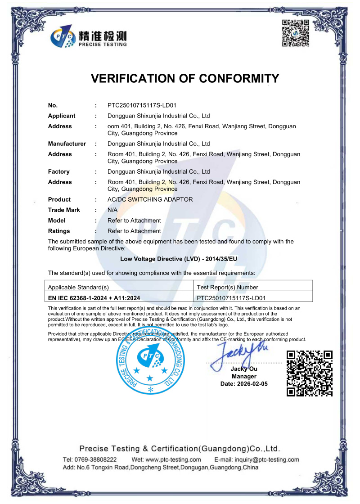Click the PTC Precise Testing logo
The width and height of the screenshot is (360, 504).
89,36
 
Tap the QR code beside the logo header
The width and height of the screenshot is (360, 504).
295,33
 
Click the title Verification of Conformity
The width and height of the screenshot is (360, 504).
185,78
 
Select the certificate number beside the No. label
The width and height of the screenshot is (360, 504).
142,105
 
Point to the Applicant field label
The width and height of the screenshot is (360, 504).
62,116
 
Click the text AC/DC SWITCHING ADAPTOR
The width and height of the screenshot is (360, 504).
150,199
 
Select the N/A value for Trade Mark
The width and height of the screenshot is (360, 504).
112,210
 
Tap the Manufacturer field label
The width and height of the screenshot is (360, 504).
67,144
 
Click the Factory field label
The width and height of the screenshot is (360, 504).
59,171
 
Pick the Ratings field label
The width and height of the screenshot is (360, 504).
59,231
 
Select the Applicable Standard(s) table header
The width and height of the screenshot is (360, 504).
78,287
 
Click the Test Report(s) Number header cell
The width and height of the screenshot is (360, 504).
228,287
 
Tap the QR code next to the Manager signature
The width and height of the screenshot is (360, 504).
310,373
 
